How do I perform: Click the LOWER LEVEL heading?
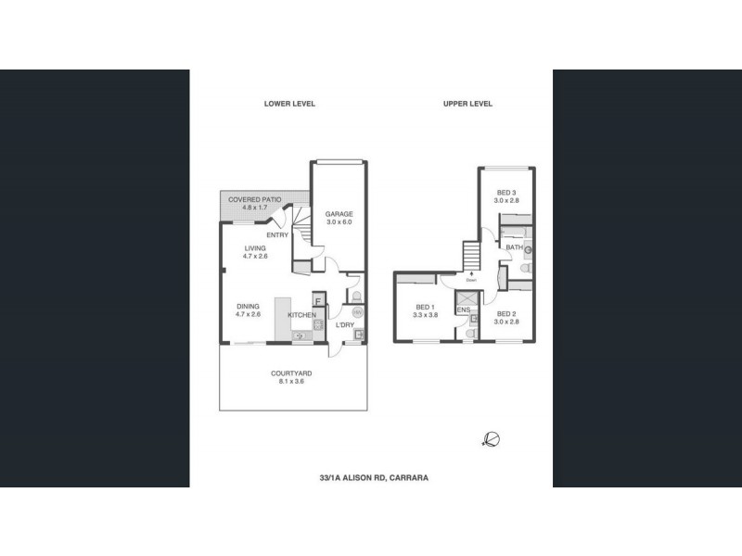click(289, 104)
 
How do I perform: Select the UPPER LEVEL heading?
click(467, 104)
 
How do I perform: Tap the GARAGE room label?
click(339, 214)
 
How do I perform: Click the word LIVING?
click(255, 248)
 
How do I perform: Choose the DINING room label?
click(247, 306)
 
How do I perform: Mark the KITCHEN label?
click(302, 316)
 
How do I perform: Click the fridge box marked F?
click(317, 300)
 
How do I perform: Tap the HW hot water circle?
click(357, 312)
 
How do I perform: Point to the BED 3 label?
click(506, 191)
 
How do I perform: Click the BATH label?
click(514, 247)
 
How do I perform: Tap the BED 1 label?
click(425, 307)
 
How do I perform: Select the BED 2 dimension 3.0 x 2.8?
click(507, 315)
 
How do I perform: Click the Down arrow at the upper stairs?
click(472, 274)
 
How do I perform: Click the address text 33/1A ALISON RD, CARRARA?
click(371, 478)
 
